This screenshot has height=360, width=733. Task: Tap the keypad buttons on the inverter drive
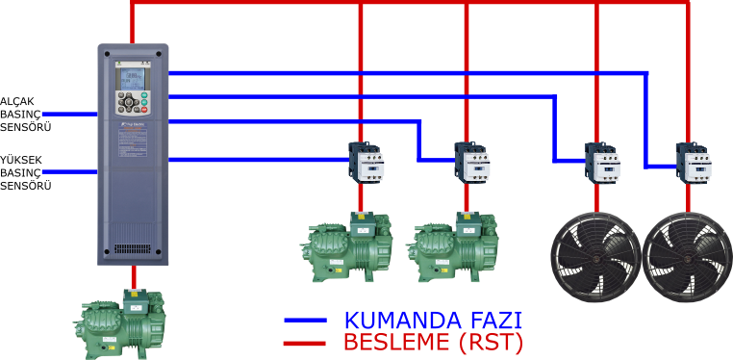133,103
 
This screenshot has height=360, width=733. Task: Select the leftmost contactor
366,162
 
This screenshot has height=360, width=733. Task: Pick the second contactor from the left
472,162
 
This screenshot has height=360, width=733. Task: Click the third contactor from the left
601,163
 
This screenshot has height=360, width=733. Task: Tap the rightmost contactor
693,163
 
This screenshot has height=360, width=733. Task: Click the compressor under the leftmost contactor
349,247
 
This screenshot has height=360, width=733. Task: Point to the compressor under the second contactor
455,247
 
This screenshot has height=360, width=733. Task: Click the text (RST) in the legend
494,343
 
